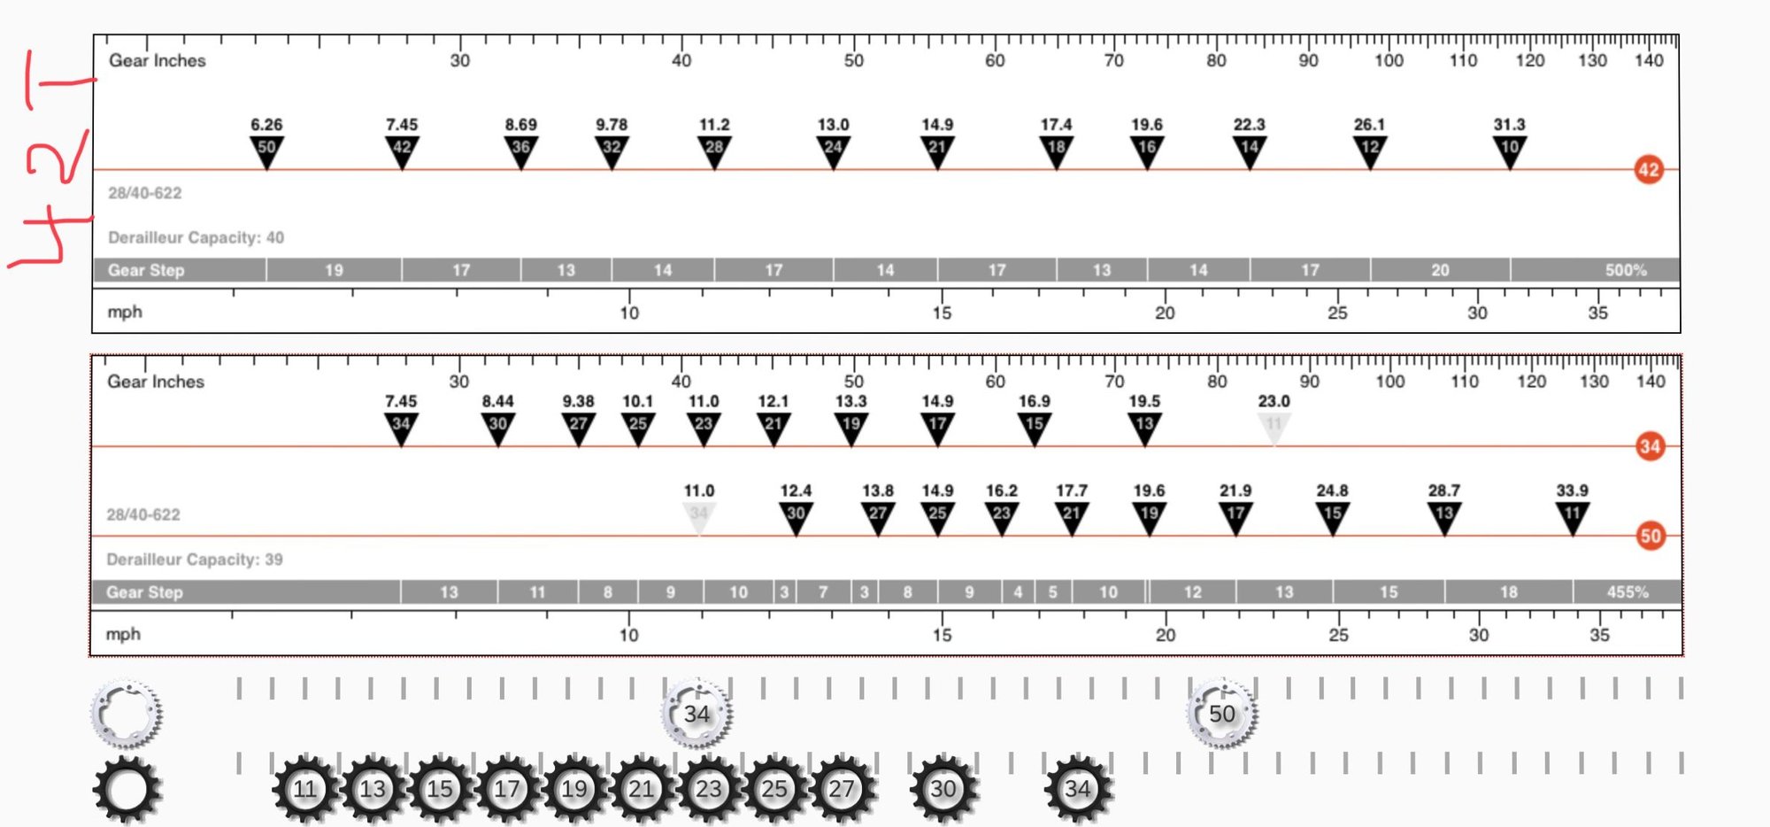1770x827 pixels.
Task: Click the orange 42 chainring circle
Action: click(x=1648, y=169)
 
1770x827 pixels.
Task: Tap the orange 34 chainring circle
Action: click(x=1650, y=446)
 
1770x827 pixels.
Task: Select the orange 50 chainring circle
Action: click(x=1650, y=536)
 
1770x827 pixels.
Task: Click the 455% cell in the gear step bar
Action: click(x=1628, y=591)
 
